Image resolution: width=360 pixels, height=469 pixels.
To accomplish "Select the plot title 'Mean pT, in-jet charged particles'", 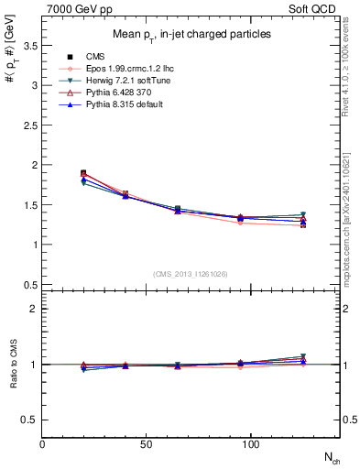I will point(190,34).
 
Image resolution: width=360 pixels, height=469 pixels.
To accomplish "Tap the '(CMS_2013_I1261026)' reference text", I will point(191,274).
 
